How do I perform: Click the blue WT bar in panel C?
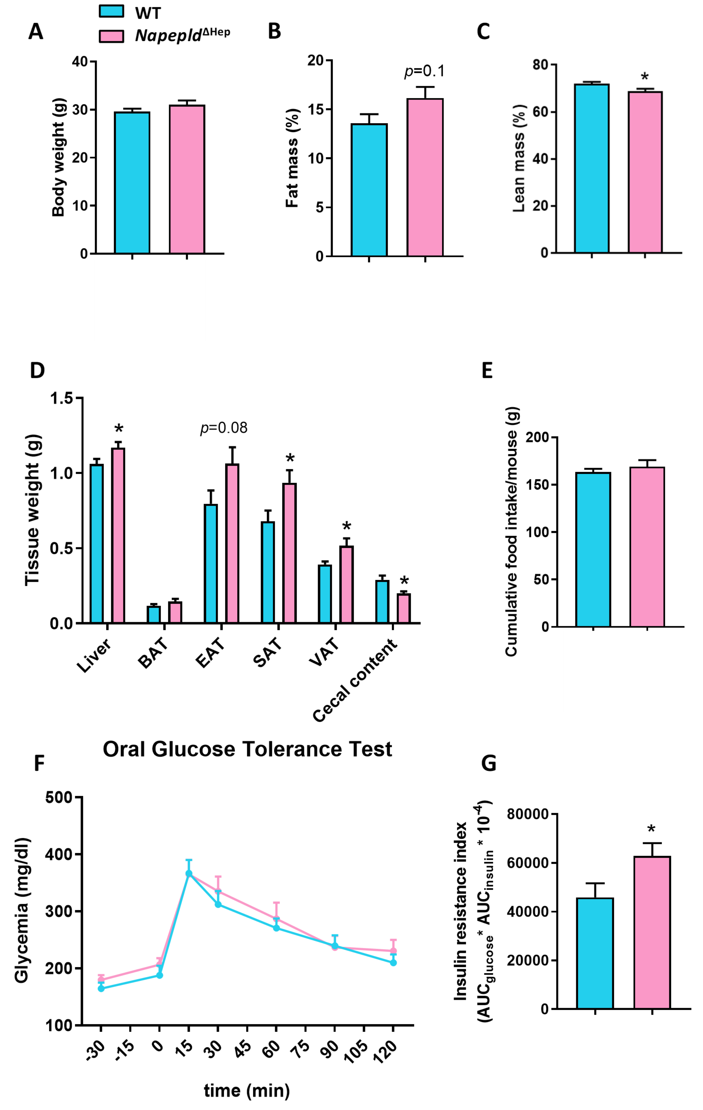point(591,168)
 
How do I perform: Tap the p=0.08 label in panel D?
point(224,428)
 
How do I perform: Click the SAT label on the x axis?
point(267,652)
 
